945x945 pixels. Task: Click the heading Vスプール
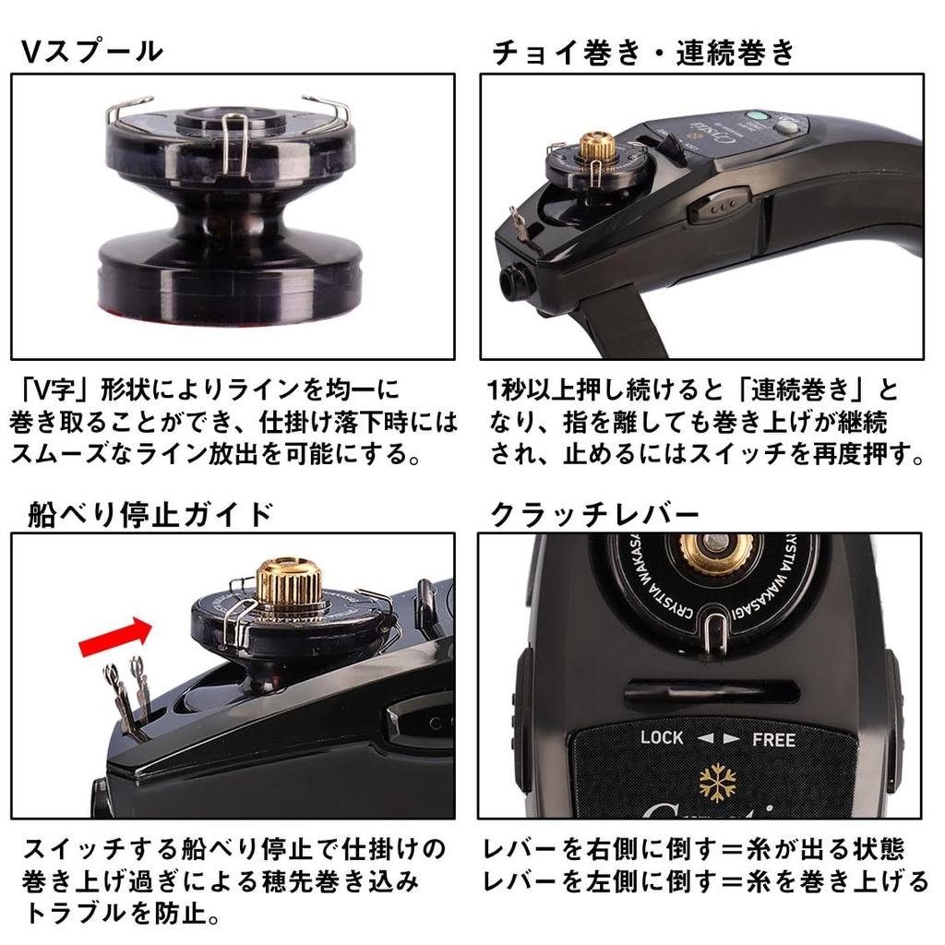click(92, 51)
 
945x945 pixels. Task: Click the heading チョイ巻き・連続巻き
click(643, 53)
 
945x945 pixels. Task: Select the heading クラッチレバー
click(594, 513)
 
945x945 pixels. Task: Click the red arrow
click(114, 637)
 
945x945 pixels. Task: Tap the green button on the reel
click(758, 117)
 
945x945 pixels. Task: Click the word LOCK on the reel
click(662, 736)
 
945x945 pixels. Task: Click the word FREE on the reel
click(773, 738)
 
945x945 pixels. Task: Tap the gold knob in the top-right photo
click(597, 147)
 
